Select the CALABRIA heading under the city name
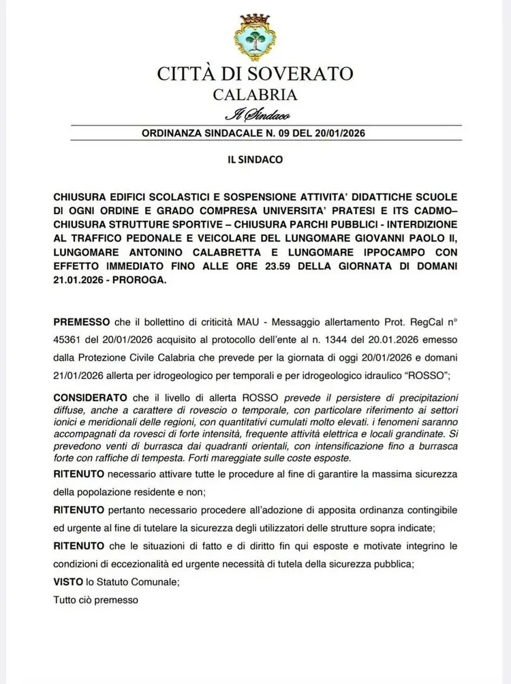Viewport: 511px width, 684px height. [x=255, y=95]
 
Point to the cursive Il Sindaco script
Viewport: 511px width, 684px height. [x=253, y=115]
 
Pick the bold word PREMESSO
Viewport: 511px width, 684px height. [x=80, y=320]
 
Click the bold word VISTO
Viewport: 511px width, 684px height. [x=67, y=582]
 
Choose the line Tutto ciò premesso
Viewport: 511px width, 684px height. [x=95, y=600]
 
